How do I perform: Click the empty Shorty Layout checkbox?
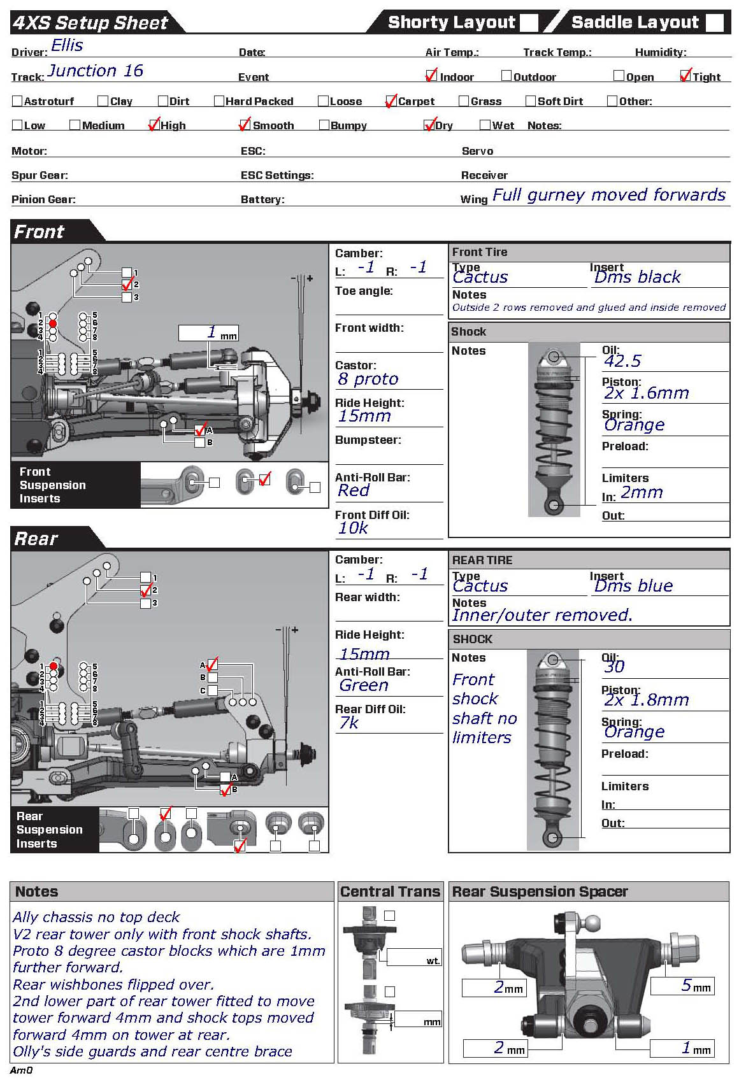point(529,22)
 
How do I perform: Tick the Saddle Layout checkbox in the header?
point(715,22)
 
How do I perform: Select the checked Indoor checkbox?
point(432,76)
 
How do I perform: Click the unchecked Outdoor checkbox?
point(506,76)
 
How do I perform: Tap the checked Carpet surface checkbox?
point(391,101)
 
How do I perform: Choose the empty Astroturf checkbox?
point(17,101)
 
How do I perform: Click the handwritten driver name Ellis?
point(67,46)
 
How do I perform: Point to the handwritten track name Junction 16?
point(96,71)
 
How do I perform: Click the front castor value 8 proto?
point(368,379)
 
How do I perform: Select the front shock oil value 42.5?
point(622,361)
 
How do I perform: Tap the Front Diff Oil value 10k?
point(353,528)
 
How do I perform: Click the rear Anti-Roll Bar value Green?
point(364,685)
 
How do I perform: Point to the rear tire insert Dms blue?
point(633,586)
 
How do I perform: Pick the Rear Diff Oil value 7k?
point(349,723)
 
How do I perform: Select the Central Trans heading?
point(390,892)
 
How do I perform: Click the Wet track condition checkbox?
point(485,125)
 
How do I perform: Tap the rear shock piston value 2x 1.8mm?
point(647,700)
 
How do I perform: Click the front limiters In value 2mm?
point(642,492)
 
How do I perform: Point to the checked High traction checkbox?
point(154,125)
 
